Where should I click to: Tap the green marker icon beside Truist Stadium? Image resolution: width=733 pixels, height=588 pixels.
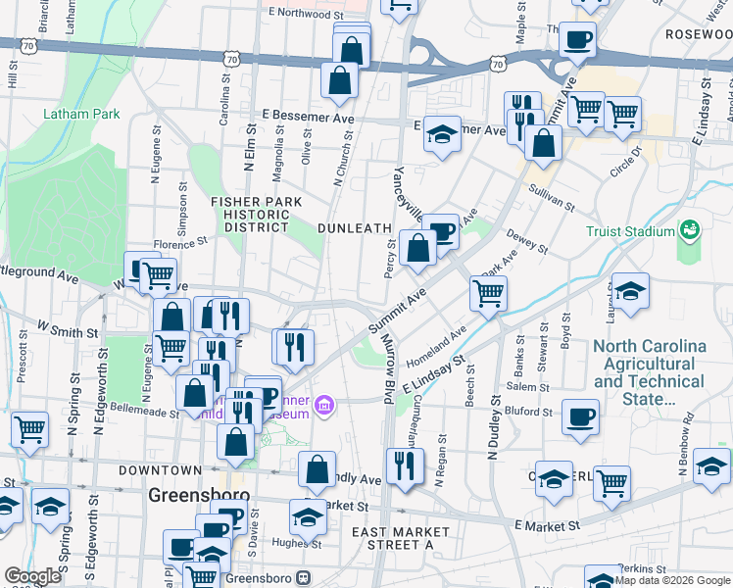point(690,229)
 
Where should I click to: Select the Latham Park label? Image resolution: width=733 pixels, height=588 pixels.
point(81,114)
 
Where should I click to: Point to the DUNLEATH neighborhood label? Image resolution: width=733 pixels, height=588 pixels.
point(349,227)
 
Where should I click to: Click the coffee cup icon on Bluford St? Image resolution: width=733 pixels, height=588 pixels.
point(580,416)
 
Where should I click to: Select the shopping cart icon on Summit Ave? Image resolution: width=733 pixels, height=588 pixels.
point(488,292)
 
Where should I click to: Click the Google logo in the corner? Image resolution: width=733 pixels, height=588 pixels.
point(33,576)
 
